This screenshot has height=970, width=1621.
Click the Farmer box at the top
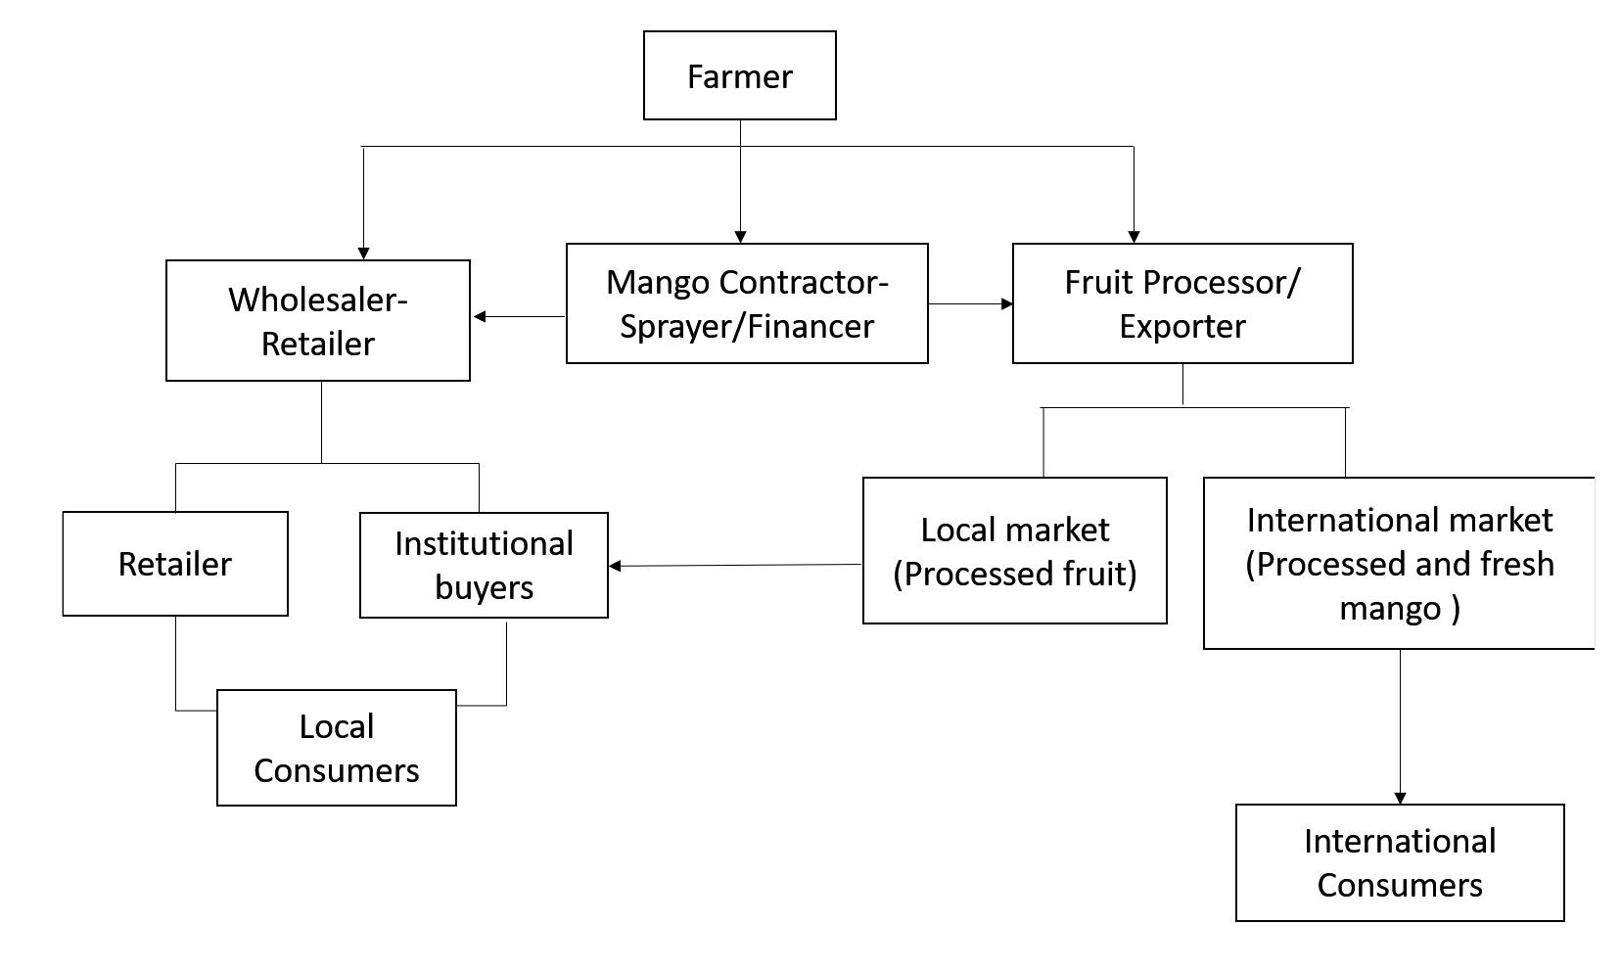click(739, 75)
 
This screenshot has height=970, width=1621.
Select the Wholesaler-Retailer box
click(317, 320)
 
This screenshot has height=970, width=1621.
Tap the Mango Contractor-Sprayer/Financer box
click(746, 303)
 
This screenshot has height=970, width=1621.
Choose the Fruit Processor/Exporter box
click(1181, 303)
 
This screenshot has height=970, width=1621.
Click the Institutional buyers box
click(484, 565)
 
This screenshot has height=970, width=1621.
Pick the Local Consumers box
click(336, 748)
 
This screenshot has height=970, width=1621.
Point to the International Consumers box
click(1399, 862)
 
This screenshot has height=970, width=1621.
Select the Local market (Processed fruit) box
click(1014, 550)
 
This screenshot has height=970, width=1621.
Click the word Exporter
click(1181, 326)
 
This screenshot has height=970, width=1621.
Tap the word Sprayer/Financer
click(746, 326)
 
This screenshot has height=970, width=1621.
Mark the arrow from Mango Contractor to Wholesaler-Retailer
click(519, 316)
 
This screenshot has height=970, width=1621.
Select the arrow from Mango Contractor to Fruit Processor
click(969, 303)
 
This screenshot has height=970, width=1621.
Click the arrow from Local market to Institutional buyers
click(734, 565)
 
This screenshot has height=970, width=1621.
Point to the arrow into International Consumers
click(1399, 724)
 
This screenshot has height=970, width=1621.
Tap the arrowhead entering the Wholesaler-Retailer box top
click(363, 253)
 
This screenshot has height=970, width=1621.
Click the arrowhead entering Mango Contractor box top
click(740, 236)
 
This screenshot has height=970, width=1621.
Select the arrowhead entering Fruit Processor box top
click(1134, 236)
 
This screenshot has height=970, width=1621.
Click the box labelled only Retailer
click(174, 564)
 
